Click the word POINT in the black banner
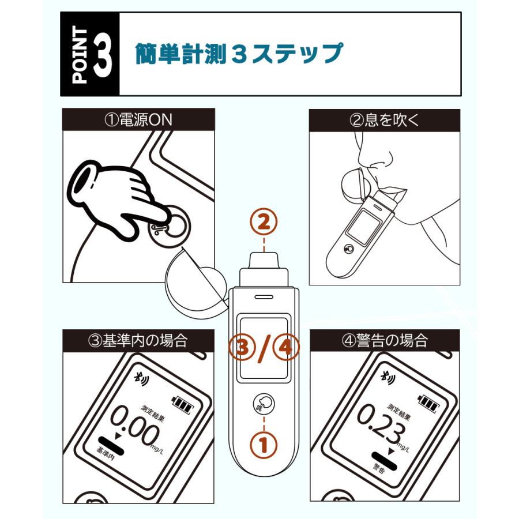[x=80, y=55]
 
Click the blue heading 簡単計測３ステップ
[x=239, y=53]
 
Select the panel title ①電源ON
[x=138, y=119]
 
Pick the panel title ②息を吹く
[x=384, y=120]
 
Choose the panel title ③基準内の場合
[x=138, y=340]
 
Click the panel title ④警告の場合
[x=385, y=340]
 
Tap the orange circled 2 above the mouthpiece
[x=264, y=222]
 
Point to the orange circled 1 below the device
[x=264, y=445]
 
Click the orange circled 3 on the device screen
[x=243, y=348]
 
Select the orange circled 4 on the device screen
[x=285, y=348]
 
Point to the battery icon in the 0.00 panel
[x=182, y=405]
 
